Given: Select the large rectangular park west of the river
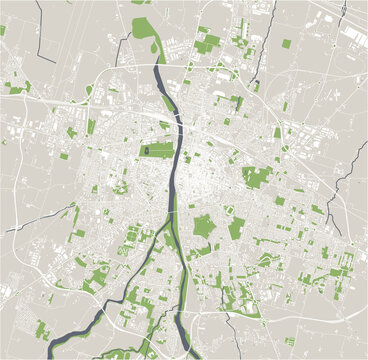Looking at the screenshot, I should pos(156,150).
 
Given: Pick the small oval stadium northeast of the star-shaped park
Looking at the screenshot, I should pos(229,210).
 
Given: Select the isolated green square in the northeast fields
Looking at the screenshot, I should pos(287,44).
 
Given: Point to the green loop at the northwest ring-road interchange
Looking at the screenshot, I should pos(89,90).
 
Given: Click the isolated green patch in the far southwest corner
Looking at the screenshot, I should pos(43,330).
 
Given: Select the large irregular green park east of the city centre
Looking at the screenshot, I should pos(257,177).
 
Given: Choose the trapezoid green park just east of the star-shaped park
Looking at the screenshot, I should pos(236,229).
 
